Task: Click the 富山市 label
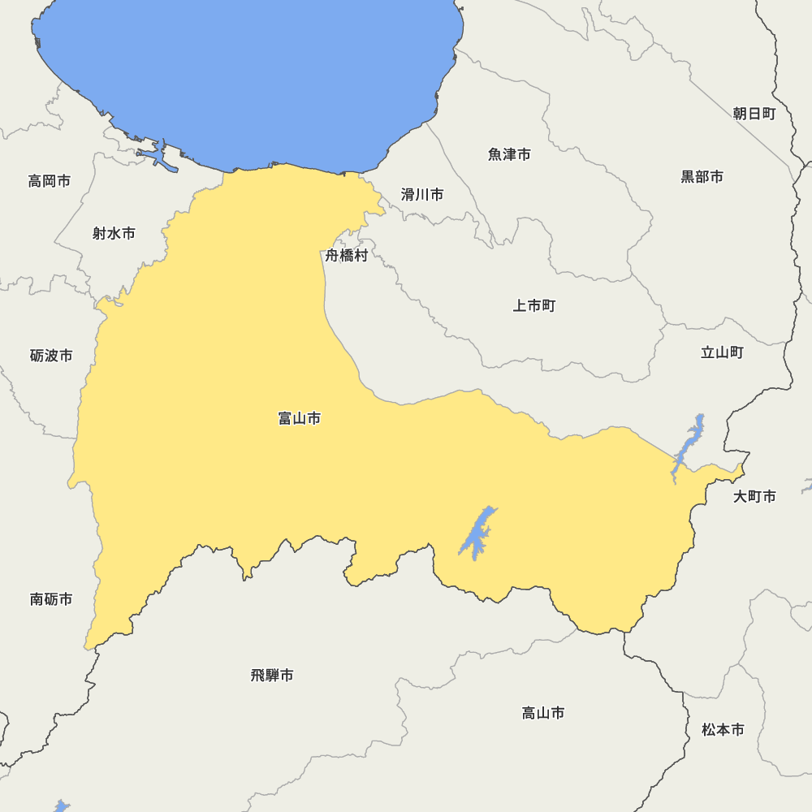tap(299, 419)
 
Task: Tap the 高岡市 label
tap(50, 181)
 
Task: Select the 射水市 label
tap(114, 234)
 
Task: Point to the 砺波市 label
tap(51, 356)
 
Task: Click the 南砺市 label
tap(51, 599)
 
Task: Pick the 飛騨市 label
tap(272, 676)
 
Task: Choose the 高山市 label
tap(542, 713)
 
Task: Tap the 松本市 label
tap(723, 730)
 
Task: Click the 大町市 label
tap(754, 496)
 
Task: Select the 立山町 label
tap(722, 352)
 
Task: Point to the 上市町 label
tap(533, 306)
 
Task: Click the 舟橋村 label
tap(347, 256)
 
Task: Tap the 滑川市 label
tap(422, 195)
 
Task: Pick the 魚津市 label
tap(509, 154)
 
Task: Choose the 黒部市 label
tap(702, 177)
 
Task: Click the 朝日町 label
tap(754, 114)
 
